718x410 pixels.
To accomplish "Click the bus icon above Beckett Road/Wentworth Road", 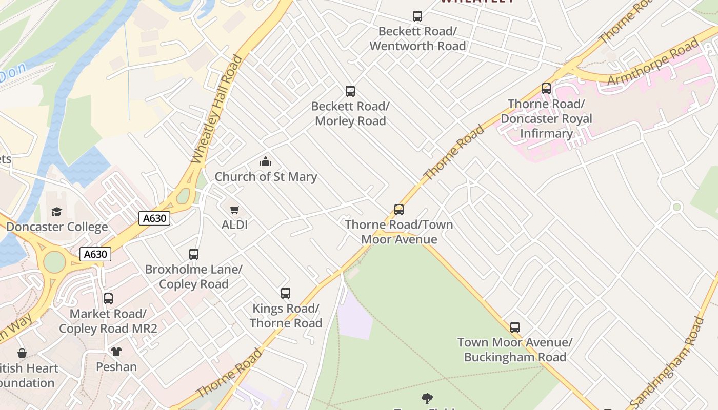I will pyautogui.click(x=417, y=16).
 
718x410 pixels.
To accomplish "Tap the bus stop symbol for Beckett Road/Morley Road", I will pyautogui.click(x=350, y=91).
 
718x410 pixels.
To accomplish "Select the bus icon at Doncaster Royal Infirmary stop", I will pyautogui.click(x=546, y=89).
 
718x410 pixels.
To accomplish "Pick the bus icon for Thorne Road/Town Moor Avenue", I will pyautogui.click(x=399, y=209).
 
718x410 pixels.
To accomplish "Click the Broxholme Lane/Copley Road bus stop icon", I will pyautogui.click(x=194, y=254).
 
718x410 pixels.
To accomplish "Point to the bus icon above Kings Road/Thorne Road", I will pyautogui.click(x=286, y=293).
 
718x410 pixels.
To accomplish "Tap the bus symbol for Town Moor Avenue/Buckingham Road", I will pyautogui.click(x=515, y=327).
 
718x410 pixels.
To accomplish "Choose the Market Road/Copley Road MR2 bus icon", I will pyautogui.click(x=108, y=298).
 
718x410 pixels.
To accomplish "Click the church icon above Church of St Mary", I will pyautogui.click(x=266, y=162).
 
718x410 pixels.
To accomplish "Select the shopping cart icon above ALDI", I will pyautogui.click(x=235, y=210).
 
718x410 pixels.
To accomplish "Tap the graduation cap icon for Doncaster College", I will pyautogui.click(x=57, y=212).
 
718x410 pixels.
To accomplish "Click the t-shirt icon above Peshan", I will pyautogui.click(x=116, y=352).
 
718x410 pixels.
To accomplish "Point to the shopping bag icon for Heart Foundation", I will pyautogui.click(x=22, y=353).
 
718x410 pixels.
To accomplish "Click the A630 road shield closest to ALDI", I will pyautogui.click(x=154, y=218).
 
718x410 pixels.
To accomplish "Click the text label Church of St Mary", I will pyautogui.click(x=266, y=177).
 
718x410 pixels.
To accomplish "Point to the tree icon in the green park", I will pyautogui.click(x=427, y=398).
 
